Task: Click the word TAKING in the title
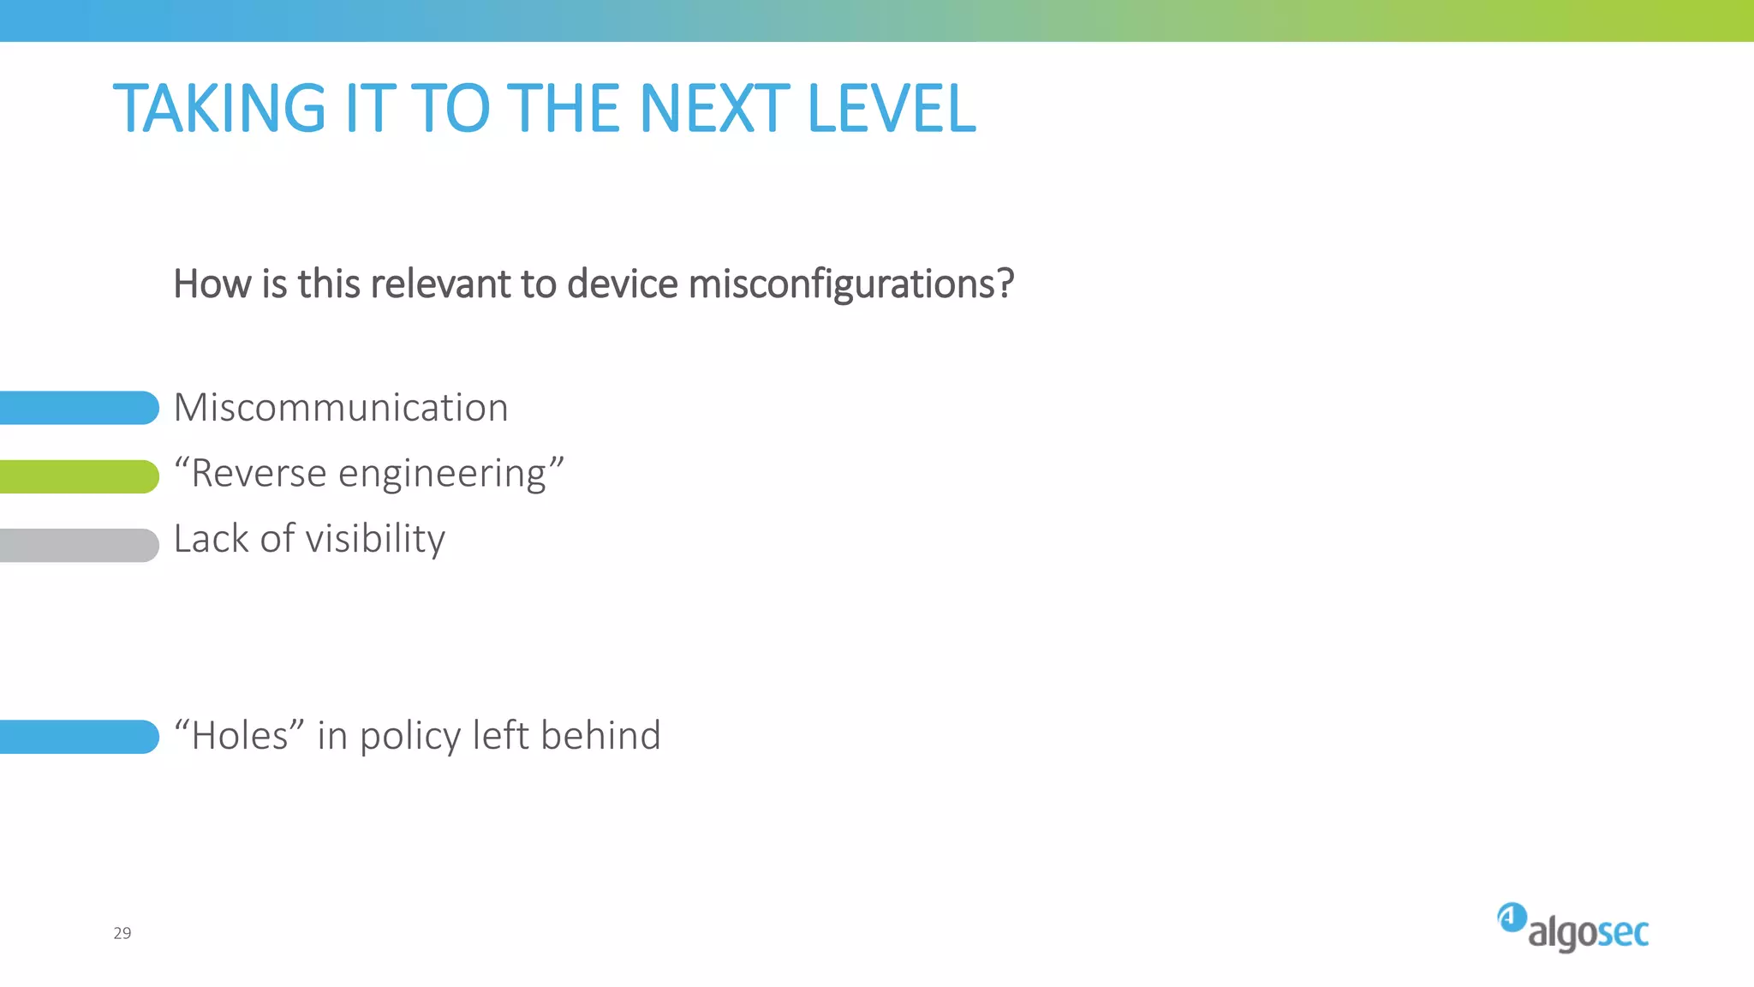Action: point(219,109)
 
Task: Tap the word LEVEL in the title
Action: point(891,109)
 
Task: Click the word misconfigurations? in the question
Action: point(851,284)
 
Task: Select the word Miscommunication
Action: point(341,408)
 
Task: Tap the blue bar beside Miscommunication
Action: point(79,408)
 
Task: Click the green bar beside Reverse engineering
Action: point(79,476)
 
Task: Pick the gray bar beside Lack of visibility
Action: point(79,545)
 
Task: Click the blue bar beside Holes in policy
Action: point(79,737)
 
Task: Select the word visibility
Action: point(375,540)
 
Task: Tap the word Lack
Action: point(211,539)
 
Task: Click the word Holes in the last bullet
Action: point(240,736)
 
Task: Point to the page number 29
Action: point(122,933)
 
